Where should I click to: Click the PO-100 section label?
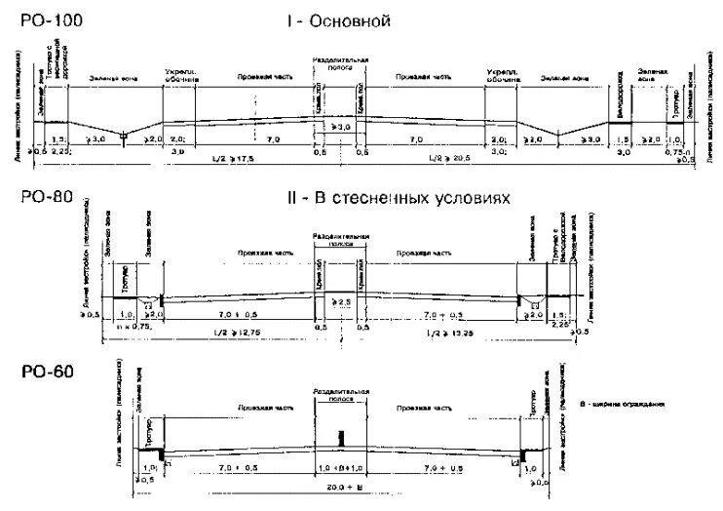click(42, 19)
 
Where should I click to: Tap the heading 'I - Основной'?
click(338, 20)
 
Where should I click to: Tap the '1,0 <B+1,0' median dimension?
click(340, 468)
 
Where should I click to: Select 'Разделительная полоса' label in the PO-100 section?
click(341, 65)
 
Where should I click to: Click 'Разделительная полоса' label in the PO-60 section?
click(340, 395)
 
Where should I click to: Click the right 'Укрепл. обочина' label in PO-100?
click(499, 75)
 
